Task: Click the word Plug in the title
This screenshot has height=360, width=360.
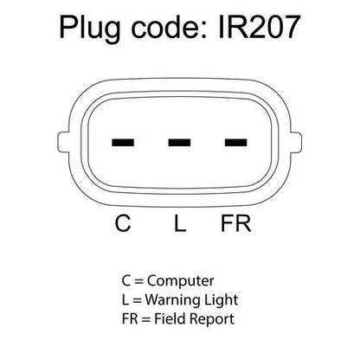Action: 89,29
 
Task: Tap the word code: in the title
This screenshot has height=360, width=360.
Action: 170,28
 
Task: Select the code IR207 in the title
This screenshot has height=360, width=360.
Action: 260,27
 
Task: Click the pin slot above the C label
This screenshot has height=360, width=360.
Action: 123,142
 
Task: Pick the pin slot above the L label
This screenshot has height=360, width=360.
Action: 179,142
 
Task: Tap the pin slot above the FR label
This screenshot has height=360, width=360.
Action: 236,142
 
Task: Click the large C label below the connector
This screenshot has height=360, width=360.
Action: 123,223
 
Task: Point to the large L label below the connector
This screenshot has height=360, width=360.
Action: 180,223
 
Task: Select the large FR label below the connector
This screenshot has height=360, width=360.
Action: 236,223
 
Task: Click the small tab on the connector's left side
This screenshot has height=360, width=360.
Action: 63,142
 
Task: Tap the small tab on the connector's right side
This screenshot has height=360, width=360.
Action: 296,142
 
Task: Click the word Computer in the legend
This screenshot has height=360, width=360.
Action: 181,280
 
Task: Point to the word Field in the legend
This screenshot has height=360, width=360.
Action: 170,318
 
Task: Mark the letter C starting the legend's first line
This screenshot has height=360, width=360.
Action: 126,280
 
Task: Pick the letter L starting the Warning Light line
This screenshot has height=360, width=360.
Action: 125,299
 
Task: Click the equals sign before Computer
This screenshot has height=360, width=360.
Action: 138,281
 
